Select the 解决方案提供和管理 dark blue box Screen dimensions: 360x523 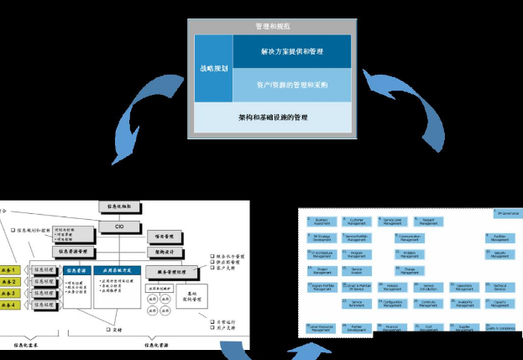(x=291, y=52)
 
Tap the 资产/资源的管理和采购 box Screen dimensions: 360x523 (x=291, y=85)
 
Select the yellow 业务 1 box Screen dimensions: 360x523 (x=9, y=270)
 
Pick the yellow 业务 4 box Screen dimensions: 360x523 (x=9, y=305)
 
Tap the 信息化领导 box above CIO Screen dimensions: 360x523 (x=115, y=206)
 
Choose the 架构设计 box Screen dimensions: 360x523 (x=164, y=251)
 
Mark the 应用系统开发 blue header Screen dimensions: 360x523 (x=117, y=272)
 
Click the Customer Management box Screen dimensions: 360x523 (x=357, y=222)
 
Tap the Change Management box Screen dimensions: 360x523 (x=410, y=270)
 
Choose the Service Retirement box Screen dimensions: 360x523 (x=357, y=303)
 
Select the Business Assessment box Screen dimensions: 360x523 (x=322, y=222)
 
